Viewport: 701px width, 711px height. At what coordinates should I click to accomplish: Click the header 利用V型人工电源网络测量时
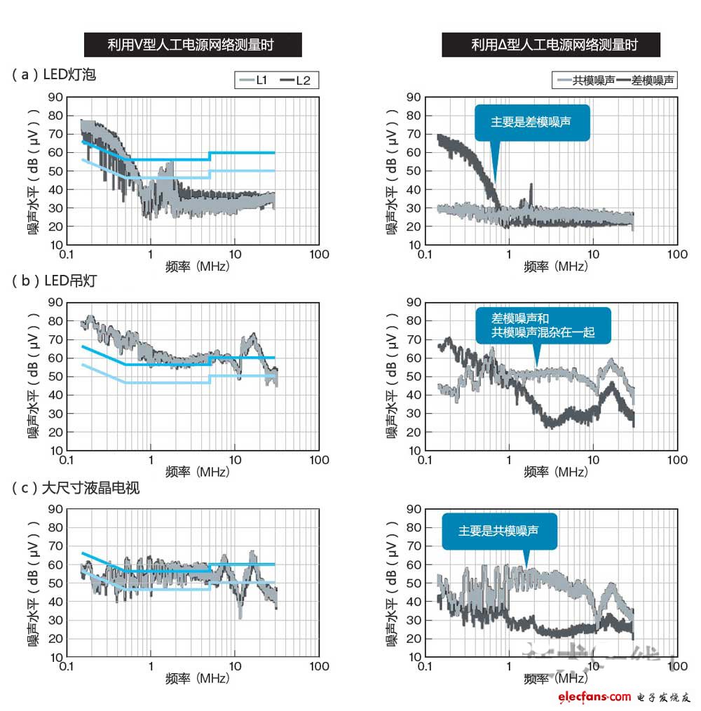click(x=193, y=46)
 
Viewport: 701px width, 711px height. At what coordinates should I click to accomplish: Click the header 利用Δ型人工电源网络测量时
click(x=550, y=46)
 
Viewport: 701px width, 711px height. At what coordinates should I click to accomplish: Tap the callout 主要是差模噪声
click(x=531, y=122)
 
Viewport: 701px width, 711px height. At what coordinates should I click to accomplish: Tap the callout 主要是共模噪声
click(x=499, y=531)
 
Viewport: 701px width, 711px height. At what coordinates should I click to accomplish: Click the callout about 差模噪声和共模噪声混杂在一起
click(x=543, y=325)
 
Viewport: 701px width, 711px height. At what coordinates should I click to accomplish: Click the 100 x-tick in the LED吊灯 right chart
click(x=677, y=460)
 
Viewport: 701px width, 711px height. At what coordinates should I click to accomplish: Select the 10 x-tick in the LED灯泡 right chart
click(x=593, y=254)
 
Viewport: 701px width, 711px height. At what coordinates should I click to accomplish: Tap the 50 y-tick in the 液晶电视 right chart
click(x=414, y=583)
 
